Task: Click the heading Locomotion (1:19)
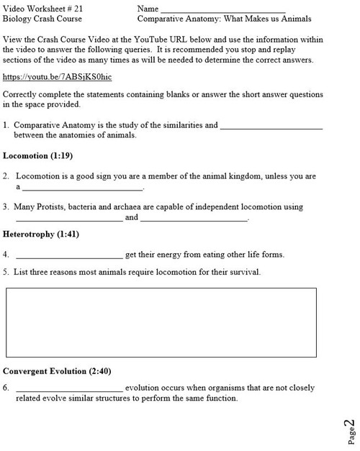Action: coord(38,155)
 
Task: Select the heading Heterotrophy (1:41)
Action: coord(40,234)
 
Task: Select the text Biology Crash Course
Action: coord(42,19)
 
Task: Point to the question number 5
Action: coord(6,272)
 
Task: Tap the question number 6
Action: coord(6,387)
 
